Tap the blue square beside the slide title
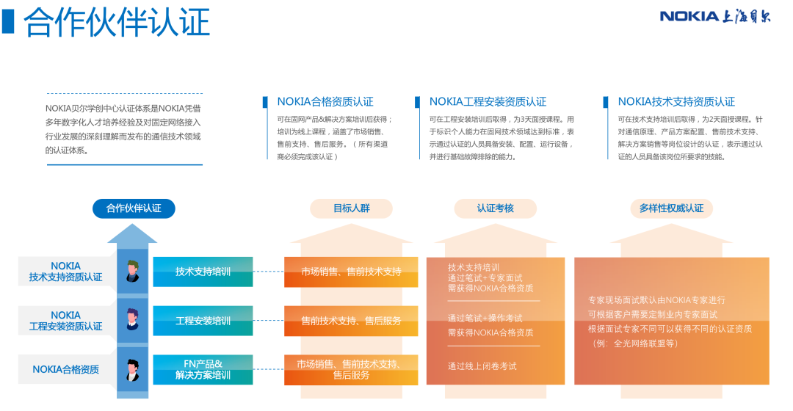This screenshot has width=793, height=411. tap(8, 22)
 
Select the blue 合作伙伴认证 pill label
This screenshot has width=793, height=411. tap(134, 208)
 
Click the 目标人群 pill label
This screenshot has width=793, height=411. tap(351, 208)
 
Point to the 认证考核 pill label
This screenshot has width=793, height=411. tap(495, 208)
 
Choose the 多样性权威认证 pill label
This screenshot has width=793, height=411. tap(671, 208)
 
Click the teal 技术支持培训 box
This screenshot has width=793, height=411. tap(203, 272)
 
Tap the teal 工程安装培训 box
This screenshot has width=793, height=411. tap(203, 321)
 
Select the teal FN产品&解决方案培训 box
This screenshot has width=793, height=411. tap(203, 370)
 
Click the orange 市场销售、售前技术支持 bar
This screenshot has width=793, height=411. tap(351, 272)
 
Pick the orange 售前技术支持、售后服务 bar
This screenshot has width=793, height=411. tap(351, 321)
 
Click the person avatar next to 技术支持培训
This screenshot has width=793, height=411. tap(132, 271)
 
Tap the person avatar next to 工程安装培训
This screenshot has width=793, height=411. tap(132, 319)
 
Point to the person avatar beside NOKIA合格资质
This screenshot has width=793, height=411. tap(132, 370)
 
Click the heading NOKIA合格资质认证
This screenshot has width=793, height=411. tap(325, 101)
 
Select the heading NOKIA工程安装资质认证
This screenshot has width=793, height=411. tap(488, 101)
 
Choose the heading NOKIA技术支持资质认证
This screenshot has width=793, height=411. tap(676, 101)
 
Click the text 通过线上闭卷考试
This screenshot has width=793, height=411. tap(482, 366)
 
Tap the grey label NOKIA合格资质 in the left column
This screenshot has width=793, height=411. tap(66, 370)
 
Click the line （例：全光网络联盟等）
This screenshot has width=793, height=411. tap(634, 343)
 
